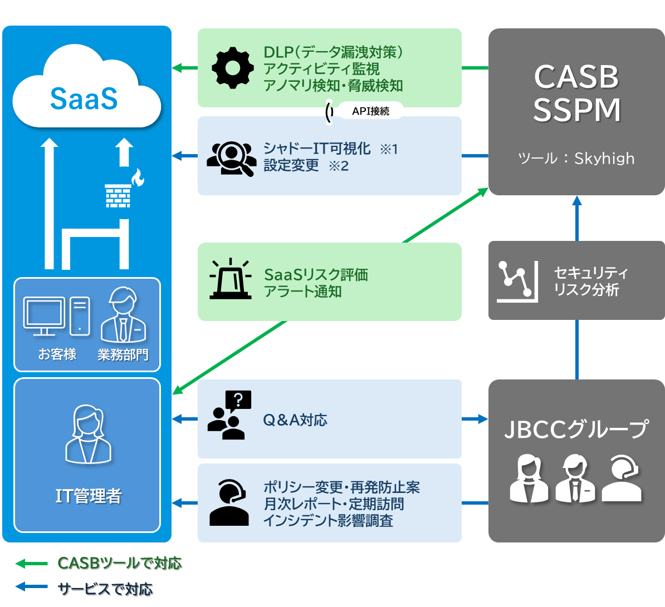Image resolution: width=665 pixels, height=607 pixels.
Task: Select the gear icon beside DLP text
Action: (233, 68)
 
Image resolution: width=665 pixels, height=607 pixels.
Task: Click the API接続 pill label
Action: (370, 111)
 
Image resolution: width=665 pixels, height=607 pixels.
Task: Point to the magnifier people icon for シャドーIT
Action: (231, 157)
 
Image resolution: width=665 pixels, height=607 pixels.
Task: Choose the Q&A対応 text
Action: (295, 420)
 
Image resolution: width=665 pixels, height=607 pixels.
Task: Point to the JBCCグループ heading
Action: (576, 429)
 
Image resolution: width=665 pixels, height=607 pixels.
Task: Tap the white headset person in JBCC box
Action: (622, 478)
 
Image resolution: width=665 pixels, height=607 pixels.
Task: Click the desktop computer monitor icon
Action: (45, 315)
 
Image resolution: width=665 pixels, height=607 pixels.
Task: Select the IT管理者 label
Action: (88, 496)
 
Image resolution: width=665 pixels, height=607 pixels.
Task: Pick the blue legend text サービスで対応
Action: (105, 588)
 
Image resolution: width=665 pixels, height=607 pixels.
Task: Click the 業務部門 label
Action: (123, 354)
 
